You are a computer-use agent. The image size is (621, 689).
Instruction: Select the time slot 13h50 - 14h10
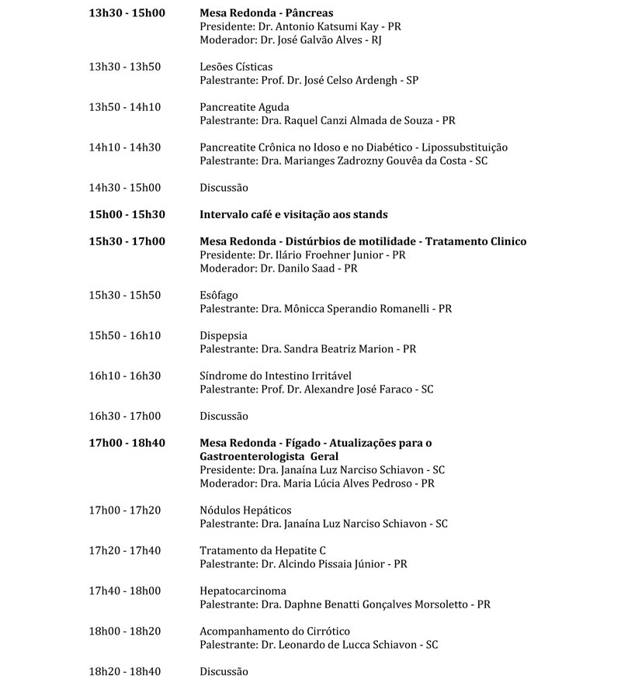point(125,107)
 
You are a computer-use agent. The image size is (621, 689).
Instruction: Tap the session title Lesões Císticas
point(236,67)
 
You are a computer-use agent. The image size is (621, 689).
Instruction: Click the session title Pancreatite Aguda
point(245,107)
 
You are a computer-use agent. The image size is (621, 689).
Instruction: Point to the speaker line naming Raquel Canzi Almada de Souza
point(327,120)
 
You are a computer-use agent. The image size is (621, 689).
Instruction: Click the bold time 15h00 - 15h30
point(127,214)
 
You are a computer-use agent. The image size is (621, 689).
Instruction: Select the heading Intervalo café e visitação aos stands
point(293,214)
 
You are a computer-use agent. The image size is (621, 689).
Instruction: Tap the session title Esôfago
point(219,295)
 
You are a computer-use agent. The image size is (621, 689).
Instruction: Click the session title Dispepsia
point(224,335)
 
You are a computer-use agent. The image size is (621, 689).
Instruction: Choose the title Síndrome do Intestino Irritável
point(276,376)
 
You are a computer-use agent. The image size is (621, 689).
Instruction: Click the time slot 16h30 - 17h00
point(125,416)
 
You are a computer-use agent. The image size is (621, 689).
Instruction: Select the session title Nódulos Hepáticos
point(245,510)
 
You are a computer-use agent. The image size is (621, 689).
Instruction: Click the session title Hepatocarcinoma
point(243,590)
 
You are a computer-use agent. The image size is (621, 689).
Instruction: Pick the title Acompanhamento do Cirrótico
point(275,631)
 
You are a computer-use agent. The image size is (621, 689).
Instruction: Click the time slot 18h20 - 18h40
point(125,671)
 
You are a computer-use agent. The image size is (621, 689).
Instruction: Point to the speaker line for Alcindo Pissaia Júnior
point(304,564)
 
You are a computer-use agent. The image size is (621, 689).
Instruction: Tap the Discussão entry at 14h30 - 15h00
point(224,188)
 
